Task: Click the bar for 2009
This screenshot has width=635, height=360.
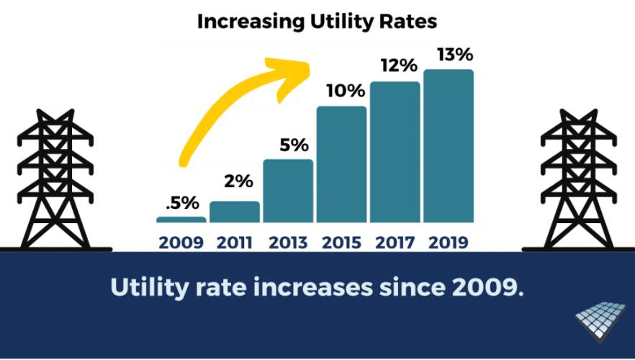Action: click(x=181, y=220)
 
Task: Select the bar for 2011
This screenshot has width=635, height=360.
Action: click(x=235, y=212)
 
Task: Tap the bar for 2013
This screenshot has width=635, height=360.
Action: click(x=288, y=191)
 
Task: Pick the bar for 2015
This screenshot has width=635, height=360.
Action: click(x=341, y=164)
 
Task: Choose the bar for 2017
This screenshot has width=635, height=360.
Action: click(x=395, y=152)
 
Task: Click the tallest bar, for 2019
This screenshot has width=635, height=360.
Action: click(x=448, y=146)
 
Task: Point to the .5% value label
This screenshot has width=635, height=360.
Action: click(x=181, y=203)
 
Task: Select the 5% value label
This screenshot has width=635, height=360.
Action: click(x=288, y=145)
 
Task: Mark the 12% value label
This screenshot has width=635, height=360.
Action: click(x=395, y=66)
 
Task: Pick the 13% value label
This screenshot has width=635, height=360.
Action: click(x=449, y=55)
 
